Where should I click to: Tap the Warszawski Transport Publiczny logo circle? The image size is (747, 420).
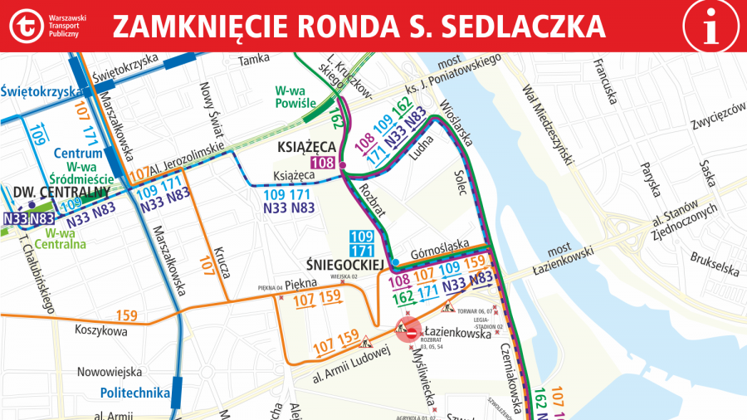(x=27, y=26)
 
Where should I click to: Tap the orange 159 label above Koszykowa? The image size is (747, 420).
(x=127, y=315)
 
